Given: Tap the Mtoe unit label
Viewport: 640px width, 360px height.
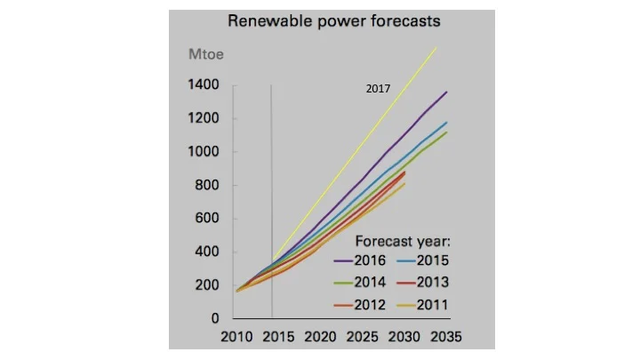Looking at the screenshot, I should click(205, 55).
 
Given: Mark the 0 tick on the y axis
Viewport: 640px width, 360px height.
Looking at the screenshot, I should click(215, 318).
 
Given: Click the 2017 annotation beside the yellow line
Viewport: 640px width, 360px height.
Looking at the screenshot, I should click(378, 89).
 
